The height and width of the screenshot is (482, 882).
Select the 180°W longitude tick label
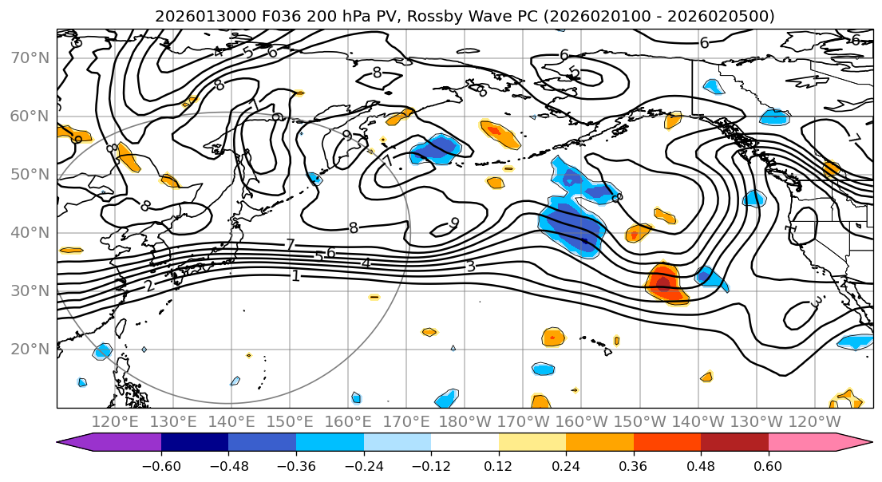465,421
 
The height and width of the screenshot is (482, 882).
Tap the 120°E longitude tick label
115,421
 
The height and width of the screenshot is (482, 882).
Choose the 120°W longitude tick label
815,421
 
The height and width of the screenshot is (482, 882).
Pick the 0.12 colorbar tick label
498,465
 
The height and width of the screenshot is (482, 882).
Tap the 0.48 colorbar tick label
701,465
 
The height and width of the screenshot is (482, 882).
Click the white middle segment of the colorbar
465,444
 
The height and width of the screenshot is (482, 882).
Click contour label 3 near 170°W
471,266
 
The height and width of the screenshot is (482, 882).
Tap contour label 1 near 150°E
295,276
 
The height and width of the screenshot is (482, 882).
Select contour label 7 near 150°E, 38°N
291,245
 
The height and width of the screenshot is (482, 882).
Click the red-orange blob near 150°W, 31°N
664,283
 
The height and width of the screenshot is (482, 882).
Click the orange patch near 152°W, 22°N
552,337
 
